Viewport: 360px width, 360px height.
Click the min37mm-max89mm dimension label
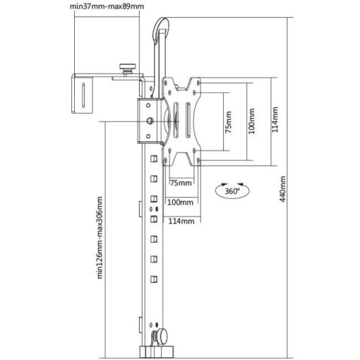point(107,6)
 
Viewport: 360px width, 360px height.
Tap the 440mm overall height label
point(282,188)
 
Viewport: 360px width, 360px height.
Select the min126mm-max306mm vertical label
point(100,238)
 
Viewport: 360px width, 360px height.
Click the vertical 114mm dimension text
point(275,119)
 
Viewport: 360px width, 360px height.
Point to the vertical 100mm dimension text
point(251,121)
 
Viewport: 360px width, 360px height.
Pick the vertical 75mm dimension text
point(228,122)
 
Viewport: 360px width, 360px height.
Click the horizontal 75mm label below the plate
point(181,183)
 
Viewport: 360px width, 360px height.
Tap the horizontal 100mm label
point(180,202)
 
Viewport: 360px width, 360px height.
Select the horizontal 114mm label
point(181,221)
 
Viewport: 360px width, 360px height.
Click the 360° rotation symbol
point(232,191)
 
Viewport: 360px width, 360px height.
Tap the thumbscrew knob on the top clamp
point(128,68)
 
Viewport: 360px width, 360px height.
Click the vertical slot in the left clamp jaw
point(83,95)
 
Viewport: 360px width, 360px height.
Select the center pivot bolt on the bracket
point(150,121)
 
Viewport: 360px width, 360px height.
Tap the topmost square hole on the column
point(154,159)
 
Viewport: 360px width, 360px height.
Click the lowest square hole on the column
point(154,280)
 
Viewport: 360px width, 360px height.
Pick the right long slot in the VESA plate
point(188,120)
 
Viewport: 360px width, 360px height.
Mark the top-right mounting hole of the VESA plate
point(198,83)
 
